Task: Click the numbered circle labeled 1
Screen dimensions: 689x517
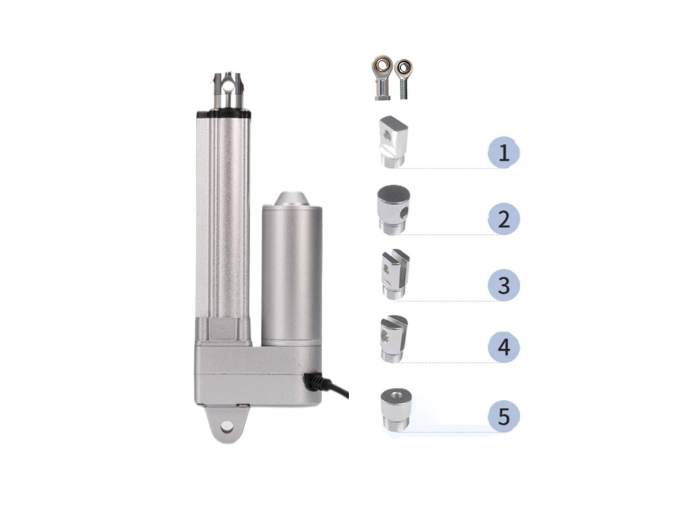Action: click(504, 152)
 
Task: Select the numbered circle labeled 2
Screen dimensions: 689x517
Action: click(504, 219)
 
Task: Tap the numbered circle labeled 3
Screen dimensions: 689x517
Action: click(504, 285)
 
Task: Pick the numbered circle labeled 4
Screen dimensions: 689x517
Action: click(504, 347)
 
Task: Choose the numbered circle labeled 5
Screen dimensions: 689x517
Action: click(504, 416)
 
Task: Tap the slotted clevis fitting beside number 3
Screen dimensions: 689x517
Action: click(395, 274)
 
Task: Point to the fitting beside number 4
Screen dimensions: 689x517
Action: click(394, 339)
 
